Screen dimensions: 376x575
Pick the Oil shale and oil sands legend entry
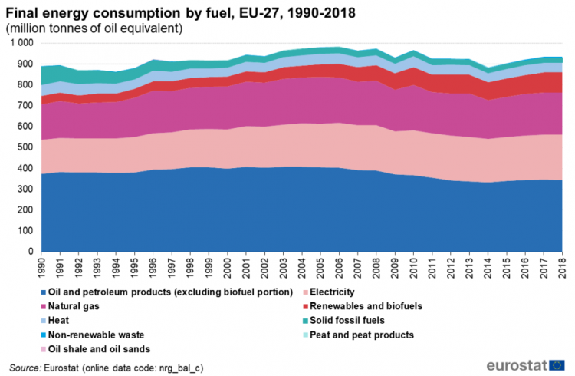tap(97, 349)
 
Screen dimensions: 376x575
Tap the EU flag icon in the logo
tap(557, 364)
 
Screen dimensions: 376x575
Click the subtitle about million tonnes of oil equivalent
tap(93, 28)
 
